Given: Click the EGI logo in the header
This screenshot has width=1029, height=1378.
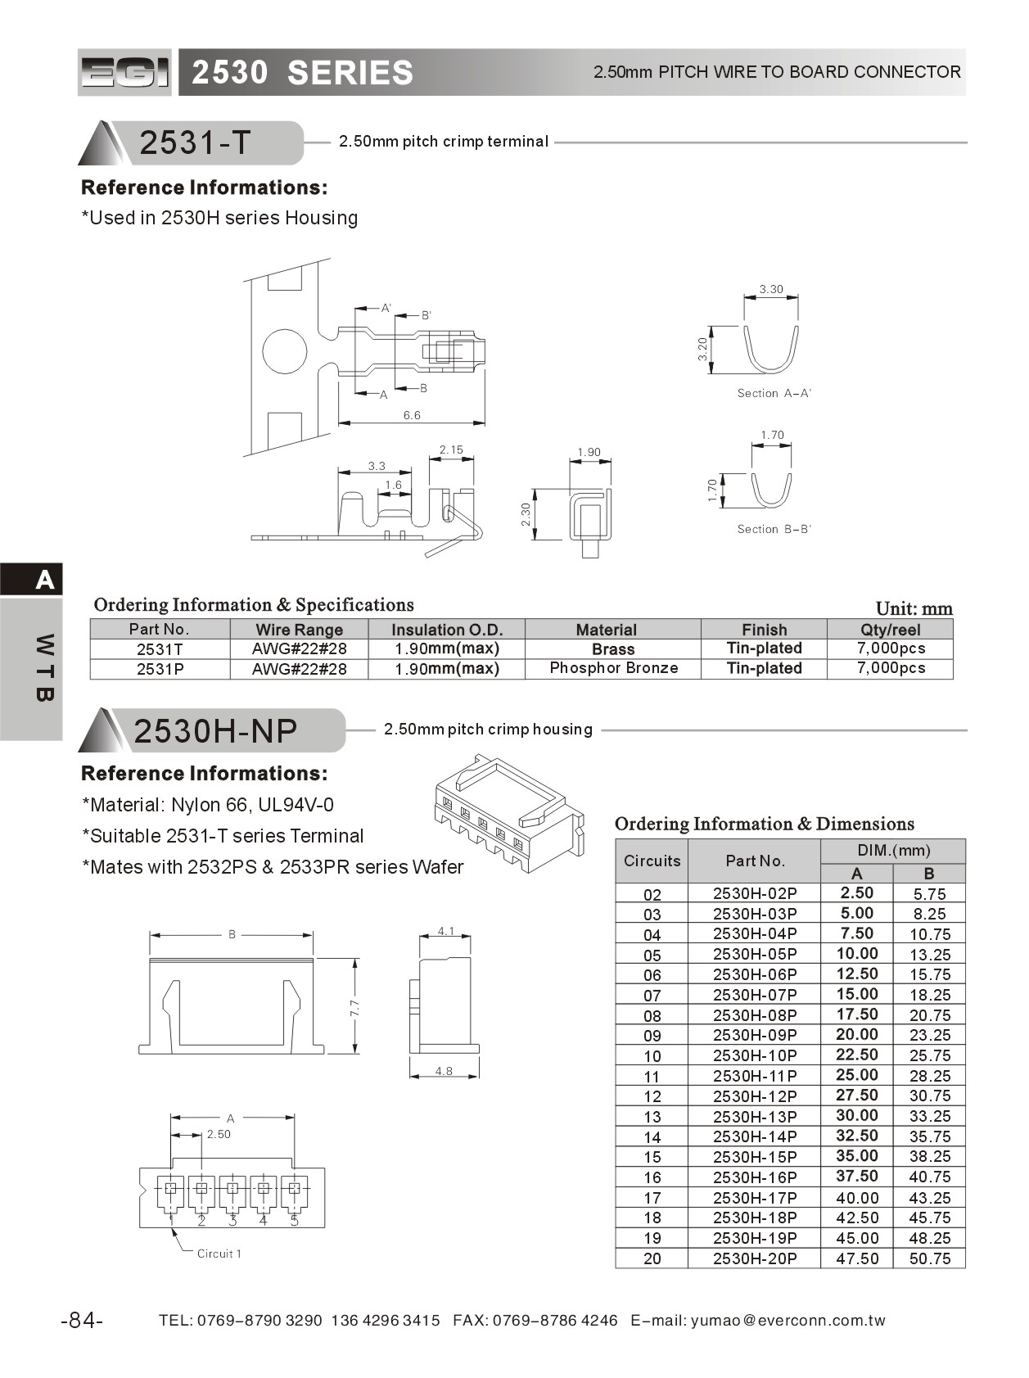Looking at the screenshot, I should pyautogui.click(x=125, y=73).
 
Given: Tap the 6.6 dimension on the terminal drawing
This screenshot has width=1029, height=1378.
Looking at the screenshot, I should pyautogui.click(x=411, y=416).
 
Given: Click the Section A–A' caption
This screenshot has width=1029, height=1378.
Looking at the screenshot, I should pyautogui.click(x=774, y=393).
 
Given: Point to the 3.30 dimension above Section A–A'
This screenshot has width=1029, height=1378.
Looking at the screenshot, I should pyautogui.click(x=770, y=289).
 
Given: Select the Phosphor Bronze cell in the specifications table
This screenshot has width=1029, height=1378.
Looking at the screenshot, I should pyautogui.click(x=613, y=668).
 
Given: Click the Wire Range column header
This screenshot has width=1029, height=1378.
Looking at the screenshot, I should pyautogui.click(x=299, y=630).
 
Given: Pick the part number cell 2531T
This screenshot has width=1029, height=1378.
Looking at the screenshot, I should pyautogui.click(x=160, y=649).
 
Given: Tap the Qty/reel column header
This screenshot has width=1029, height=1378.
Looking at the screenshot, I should pyautogui.click(x=890, y=630).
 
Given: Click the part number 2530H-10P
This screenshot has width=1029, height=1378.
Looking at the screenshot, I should pyautogui.click(x=754, y=1055).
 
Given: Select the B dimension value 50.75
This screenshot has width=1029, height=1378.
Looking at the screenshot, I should pyautogui.click(x=930, y=1258).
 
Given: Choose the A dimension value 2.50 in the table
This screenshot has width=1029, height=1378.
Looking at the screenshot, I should pyautogui.click(x=856, y=893).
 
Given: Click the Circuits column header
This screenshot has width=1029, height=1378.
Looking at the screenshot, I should pyautogui.click(x=652, y=861).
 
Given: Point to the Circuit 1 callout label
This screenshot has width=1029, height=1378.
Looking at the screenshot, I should pyautogui.click(x=219, y=1254).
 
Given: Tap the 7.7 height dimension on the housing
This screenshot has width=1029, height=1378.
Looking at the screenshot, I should pyautogui.click(x=354, y=1007).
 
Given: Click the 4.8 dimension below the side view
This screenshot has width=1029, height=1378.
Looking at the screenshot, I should pyautogui.click(x=444, y=1071).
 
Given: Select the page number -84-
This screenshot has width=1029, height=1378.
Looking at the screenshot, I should pyautogui.click(x=82, y=1321).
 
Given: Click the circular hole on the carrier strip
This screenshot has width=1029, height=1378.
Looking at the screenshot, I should pyautogui.click(x=284, y=351).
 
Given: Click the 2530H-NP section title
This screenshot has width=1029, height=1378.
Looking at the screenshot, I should pyautogui.click(x=215, y=730).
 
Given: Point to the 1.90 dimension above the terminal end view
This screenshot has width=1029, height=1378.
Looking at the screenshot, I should pyautogui.click(x=589, y=452).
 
